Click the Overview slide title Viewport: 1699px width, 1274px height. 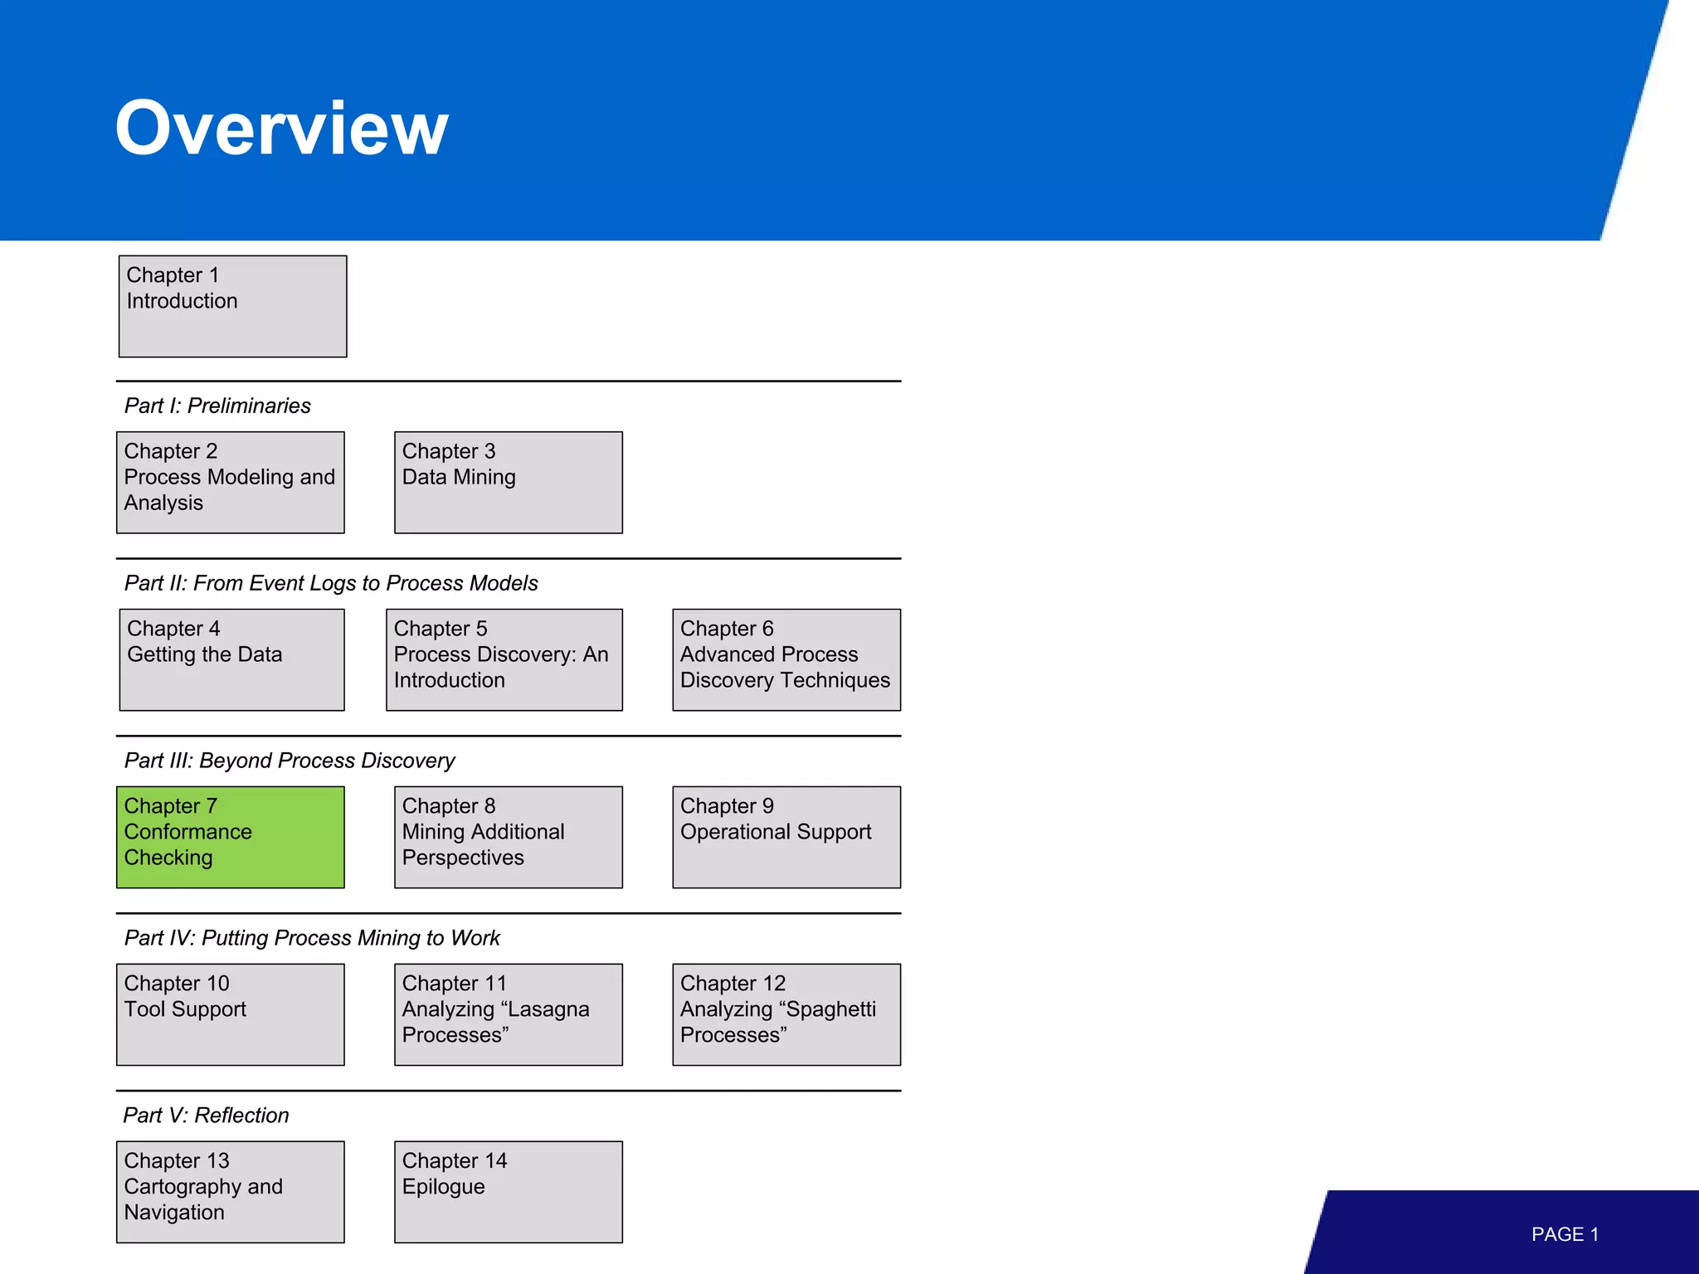(x=281, y=129)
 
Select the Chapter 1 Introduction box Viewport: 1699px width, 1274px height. (x=232, y=306)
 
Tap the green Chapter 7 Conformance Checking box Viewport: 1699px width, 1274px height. (x=230, y=837)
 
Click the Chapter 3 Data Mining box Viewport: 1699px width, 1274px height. (x=508, y=482)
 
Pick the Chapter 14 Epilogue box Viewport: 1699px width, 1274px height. (x=508, y=1192)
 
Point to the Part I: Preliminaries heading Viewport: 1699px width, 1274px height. (x=217, y=406)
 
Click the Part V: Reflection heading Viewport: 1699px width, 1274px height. (x=206, y=1116)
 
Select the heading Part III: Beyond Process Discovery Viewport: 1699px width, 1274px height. (x=290, y=761)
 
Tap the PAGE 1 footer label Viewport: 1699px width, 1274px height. (x=1565, y=1234)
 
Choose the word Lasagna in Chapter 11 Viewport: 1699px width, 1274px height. (x=544, y=1009)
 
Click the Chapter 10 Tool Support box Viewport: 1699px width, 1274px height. (x=230, y=1014)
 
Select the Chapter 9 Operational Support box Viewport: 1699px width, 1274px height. (x=786, y=837)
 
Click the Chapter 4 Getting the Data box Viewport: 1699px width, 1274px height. (x=231, y=659)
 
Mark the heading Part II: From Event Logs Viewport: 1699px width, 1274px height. (x=331, y=583)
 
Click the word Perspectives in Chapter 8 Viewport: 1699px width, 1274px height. (x=463, y=858)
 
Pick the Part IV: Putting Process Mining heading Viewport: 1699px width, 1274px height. (x=312, y=938)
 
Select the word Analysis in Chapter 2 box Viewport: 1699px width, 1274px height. (x=163, y=503)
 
